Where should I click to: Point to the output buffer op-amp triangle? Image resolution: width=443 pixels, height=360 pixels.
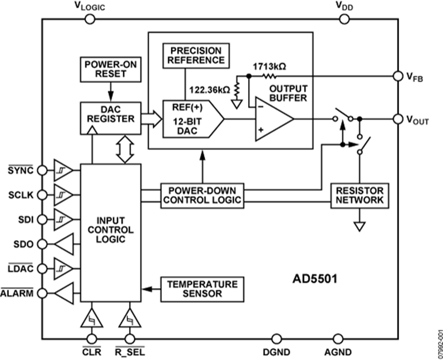(272, 119)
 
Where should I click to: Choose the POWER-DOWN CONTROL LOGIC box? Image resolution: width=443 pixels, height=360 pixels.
(202, 195)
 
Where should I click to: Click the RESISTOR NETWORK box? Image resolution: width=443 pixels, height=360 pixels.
(359, 195)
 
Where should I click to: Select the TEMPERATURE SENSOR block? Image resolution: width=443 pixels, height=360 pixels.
(202, 289)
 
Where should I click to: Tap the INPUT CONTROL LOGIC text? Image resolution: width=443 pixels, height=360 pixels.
(110, 230)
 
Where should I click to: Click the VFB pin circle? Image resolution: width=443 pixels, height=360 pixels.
(398, 76)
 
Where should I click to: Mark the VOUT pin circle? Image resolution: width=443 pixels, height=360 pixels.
(398, 119)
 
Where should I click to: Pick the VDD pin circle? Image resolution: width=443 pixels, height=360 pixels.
(344, 19)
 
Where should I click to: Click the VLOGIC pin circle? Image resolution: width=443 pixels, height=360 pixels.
(90, 19)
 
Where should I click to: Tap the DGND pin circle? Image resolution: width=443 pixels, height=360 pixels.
(277, 339)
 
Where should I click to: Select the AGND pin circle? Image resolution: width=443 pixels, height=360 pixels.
(338, 339)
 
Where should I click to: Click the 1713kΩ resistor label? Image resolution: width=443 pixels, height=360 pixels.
(269, 66)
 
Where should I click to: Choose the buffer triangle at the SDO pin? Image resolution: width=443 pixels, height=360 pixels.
(64, 243)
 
